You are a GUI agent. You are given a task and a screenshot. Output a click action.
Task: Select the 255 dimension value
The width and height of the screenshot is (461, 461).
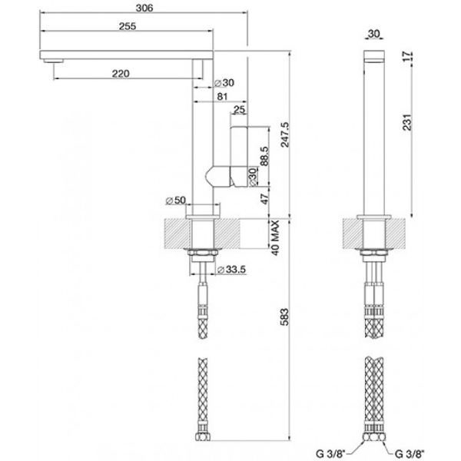[128, 26]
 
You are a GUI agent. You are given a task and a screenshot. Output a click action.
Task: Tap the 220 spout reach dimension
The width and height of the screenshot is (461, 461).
[120, 73]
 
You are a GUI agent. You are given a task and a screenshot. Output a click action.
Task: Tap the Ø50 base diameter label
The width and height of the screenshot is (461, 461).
[177, 201]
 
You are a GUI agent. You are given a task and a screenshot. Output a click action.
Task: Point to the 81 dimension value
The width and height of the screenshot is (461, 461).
[222, 97]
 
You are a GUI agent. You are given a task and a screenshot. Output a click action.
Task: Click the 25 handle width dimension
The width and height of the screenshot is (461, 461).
[239, 111]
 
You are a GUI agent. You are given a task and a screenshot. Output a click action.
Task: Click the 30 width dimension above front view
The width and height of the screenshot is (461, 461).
[374, 33]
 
